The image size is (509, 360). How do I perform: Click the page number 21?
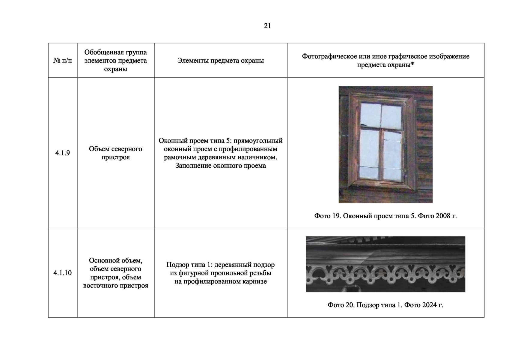[x=267, y=26]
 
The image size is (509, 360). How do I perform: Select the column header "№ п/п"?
[x=63, y=61]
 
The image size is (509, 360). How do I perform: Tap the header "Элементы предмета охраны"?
[x=220, y=61]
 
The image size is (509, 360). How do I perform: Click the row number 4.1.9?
[x=62, y=153]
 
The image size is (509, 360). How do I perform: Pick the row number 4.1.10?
[x=62, y=273]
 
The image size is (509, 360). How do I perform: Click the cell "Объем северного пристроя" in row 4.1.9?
[x=115, y=153]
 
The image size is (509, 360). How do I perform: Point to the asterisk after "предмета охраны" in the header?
[x=412, y=65]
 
